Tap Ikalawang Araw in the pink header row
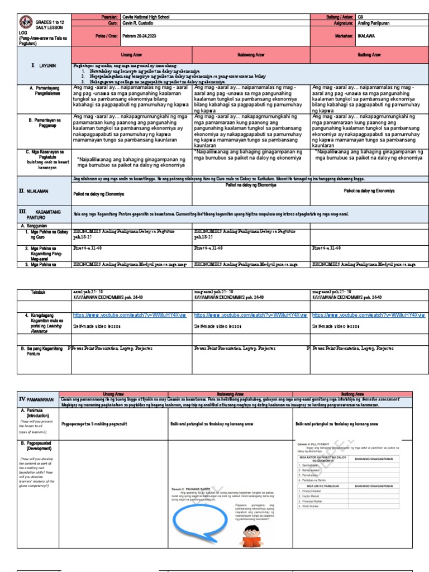[x=251, y=55]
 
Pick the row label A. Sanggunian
[x=36, y=225]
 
